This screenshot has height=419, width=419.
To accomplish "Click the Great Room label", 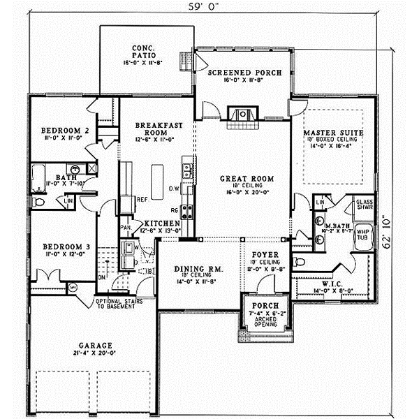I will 242,178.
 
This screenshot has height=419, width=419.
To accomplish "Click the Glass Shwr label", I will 365,204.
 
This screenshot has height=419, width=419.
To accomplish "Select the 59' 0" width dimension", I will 209,8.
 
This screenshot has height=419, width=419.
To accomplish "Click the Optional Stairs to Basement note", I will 117,304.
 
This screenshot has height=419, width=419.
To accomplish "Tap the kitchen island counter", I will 158,179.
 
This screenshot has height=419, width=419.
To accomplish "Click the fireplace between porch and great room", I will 242,115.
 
